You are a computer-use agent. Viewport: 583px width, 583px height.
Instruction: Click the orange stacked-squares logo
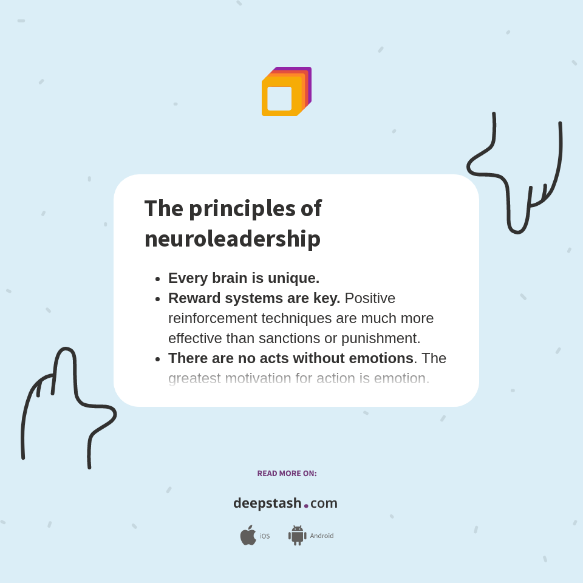[x=286, y=92]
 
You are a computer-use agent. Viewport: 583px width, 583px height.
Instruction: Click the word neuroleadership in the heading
[x=232, y=238]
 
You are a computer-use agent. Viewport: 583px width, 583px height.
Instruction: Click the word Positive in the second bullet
[x=369, y=298]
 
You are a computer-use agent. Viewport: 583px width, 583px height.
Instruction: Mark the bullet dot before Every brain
[x=157, y=279]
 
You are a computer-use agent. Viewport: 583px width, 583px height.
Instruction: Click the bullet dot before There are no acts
[x=157, y=360]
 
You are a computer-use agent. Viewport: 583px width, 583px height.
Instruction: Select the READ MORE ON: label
[x=287, y=473]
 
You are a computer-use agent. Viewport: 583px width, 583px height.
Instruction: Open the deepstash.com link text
[x=285, y=503]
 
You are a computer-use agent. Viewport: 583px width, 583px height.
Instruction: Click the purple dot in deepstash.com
[x=306, y=505]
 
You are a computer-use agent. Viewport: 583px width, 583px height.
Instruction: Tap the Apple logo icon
[x=248, y=536]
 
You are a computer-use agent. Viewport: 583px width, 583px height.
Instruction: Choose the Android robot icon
[x=297, y=536]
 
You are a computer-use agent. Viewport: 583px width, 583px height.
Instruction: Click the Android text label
[x=321, y=536]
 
